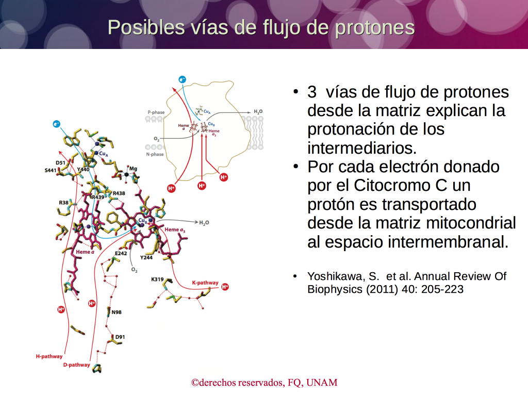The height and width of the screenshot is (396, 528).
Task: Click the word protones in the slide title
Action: [375, 28]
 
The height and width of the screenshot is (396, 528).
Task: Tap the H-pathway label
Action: [49, 356]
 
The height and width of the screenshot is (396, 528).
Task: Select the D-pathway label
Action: [77, 365]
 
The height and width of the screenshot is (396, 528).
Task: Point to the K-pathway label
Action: [205, 283]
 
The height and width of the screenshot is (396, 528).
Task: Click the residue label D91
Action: [120, 337]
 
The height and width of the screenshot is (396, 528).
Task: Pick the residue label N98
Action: [117, 312]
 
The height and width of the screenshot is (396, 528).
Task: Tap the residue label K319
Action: [157, 279]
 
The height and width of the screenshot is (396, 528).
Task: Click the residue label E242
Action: [121, 253]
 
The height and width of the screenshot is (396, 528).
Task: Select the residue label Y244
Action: [146, 257]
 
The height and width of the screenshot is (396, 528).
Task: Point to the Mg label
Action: [133, 169]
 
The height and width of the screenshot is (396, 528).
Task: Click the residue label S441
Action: [51, 170]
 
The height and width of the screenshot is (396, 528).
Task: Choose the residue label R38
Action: [63, 202]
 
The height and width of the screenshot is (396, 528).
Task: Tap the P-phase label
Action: [156, 112]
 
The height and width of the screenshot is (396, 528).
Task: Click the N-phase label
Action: [155, 154]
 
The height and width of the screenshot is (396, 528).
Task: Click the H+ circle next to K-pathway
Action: [225, 287]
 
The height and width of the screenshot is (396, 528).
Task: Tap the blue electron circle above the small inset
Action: [182, 79]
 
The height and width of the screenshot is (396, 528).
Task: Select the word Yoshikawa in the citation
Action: [336, 276]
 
